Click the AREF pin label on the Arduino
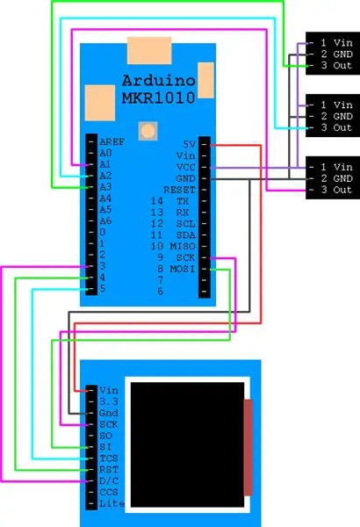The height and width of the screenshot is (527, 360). point(112,141)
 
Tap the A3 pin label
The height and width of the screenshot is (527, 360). point(105,187)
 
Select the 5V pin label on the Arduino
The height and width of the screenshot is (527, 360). point(190,144)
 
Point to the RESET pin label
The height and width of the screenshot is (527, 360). point(179,190)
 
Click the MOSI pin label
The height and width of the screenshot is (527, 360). point(183,269)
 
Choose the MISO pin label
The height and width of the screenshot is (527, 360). point(183,246)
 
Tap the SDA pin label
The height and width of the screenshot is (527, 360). point(186,235)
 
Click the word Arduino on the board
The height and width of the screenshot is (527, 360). point(159,81)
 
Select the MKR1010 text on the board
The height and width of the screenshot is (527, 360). point(159,97)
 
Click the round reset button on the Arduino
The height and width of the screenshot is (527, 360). point(148,131)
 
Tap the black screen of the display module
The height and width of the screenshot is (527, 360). point(187,444)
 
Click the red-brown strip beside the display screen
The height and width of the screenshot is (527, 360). point(248,447)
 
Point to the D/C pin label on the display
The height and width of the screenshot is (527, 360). point(109,481)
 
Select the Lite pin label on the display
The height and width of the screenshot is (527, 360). point(112,504)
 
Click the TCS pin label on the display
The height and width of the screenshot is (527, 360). point(109,458)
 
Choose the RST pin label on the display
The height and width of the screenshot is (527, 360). point(109,470)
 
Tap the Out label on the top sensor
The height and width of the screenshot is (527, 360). point(342,65)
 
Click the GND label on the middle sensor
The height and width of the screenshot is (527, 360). point(342,116)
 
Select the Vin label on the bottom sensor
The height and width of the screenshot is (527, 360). point(342,167)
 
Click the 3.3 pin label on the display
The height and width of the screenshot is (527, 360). point(109,401)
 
